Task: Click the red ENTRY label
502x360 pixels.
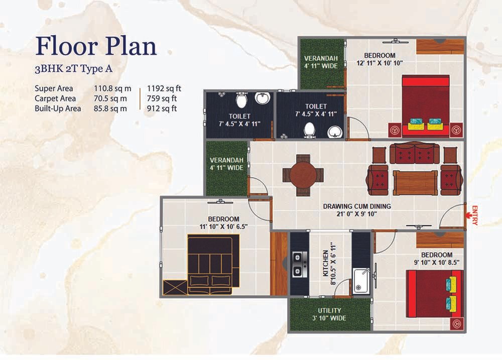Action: [474, 215]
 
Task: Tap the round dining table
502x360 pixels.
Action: [303, 175]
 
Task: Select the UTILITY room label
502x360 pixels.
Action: [329, 310]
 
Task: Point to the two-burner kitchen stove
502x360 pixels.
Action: [300, 265]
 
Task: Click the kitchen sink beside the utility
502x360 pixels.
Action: [361, 281]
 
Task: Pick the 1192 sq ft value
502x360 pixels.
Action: [164, 88]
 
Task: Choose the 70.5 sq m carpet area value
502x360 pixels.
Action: [110, 98]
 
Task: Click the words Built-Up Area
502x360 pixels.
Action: [58, 108]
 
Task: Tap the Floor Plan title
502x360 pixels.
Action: [96, 46]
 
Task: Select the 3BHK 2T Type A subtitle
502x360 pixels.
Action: [73, 69]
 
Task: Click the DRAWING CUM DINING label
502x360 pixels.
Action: [356, 206]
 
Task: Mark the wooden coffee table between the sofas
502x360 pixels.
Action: [415, 183]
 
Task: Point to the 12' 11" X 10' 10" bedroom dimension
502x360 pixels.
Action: [380, 63]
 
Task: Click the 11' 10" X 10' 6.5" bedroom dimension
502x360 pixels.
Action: [223, 227]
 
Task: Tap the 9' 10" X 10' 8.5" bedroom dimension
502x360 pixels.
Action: [437, 262]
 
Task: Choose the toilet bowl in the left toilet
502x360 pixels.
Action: [241, 100]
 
